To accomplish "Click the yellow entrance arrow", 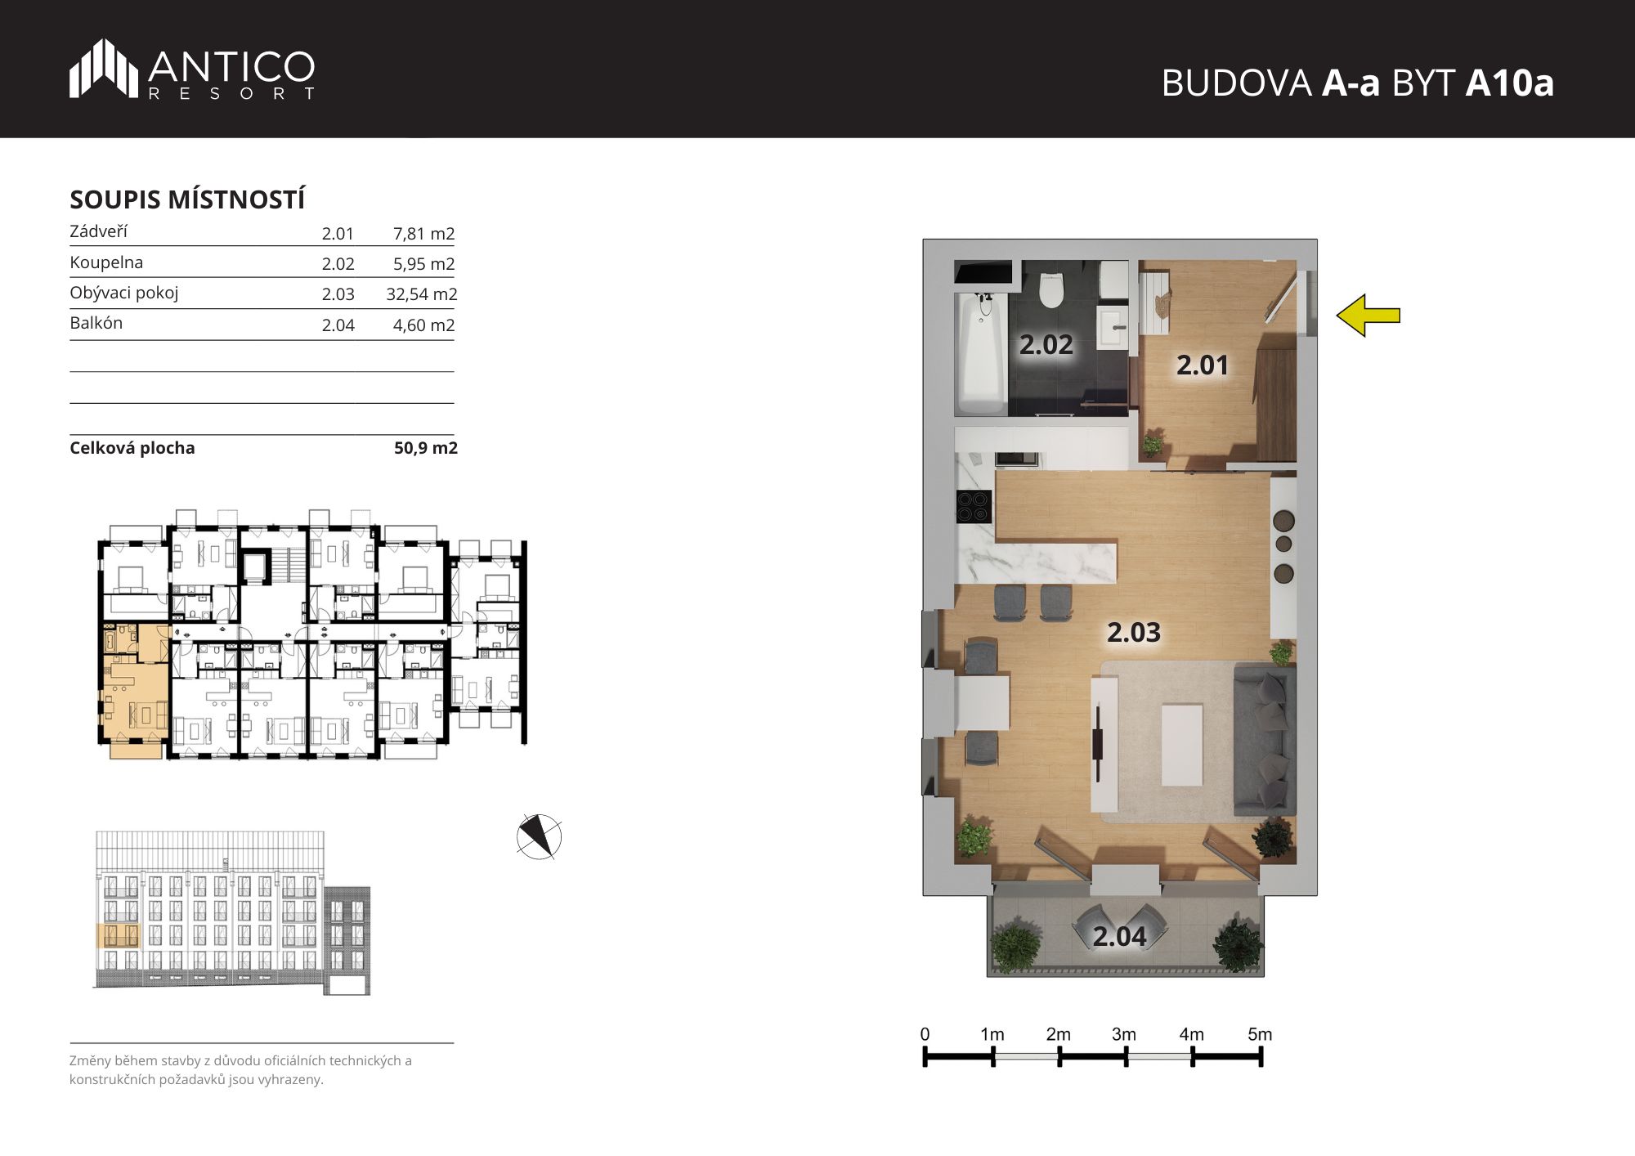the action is [1368, 316].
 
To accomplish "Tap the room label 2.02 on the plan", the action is [1046, 345].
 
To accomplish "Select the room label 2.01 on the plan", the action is [1202, 365].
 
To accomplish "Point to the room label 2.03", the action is [1134, 632].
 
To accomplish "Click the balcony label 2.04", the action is [1119, 936].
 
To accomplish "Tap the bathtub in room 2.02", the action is [981, 353].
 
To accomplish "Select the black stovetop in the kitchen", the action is [974, 506].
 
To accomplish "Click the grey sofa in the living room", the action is [1264, 740].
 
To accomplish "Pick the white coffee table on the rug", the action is [1181, 745].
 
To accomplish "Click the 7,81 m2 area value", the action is [423, 234].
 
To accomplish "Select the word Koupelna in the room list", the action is [106, 262].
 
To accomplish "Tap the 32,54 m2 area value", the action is [422, 294].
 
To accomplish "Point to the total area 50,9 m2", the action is [426, 448].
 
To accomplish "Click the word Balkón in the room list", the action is [96, 323].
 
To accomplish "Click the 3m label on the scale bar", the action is [1124, 1034].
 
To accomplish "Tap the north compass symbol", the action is [540, 836].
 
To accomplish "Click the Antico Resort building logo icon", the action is [103, 68].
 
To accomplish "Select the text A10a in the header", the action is [1509, 83].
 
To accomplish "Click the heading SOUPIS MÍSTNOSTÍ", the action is [187, 199].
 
